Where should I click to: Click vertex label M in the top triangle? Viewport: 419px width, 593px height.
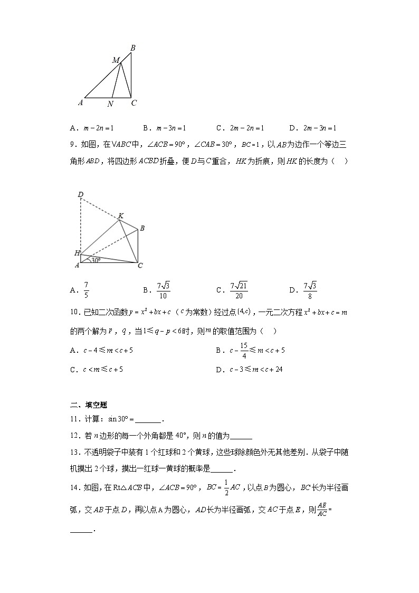116,60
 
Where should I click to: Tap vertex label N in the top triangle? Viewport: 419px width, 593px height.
110,105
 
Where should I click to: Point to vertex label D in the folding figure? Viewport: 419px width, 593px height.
81,195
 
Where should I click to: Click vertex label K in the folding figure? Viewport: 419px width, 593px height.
121,215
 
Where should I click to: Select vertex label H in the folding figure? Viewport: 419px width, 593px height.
77,253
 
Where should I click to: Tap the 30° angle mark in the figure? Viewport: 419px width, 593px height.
95,260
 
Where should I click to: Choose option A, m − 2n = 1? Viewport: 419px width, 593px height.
92,128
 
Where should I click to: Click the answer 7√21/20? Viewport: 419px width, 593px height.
239,289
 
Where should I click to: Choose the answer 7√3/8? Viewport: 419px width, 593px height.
309,289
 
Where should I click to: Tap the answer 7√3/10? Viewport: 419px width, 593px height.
163,289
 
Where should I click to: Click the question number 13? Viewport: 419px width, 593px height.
74,453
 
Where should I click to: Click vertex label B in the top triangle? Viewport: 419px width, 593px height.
133,48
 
